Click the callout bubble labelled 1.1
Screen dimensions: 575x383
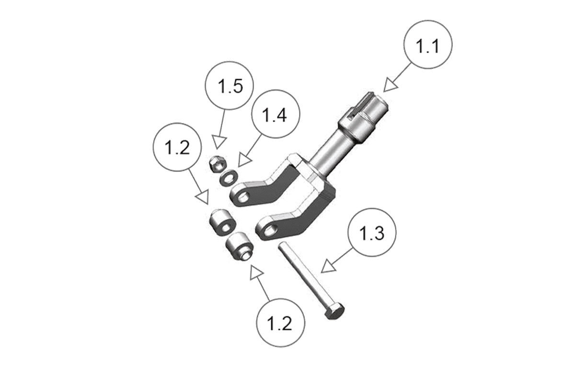428,45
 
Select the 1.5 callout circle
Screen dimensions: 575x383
229,85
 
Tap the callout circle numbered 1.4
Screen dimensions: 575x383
276,114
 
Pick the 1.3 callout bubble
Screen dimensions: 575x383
372,232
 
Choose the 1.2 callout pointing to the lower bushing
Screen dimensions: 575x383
281,323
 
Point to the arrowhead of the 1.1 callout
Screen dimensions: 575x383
391,85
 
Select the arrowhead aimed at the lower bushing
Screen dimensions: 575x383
257,272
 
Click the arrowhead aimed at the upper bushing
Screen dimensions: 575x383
203,197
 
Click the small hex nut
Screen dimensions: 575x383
217,165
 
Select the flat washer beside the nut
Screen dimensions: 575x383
229,178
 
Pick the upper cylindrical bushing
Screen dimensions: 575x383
222,222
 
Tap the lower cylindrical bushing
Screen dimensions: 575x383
240,246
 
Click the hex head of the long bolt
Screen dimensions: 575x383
335,311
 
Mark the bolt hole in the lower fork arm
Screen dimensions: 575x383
271,230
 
